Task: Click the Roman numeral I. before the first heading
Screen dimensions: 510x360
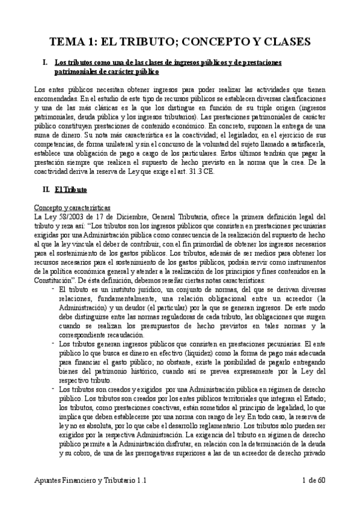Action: click(43, 62)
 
